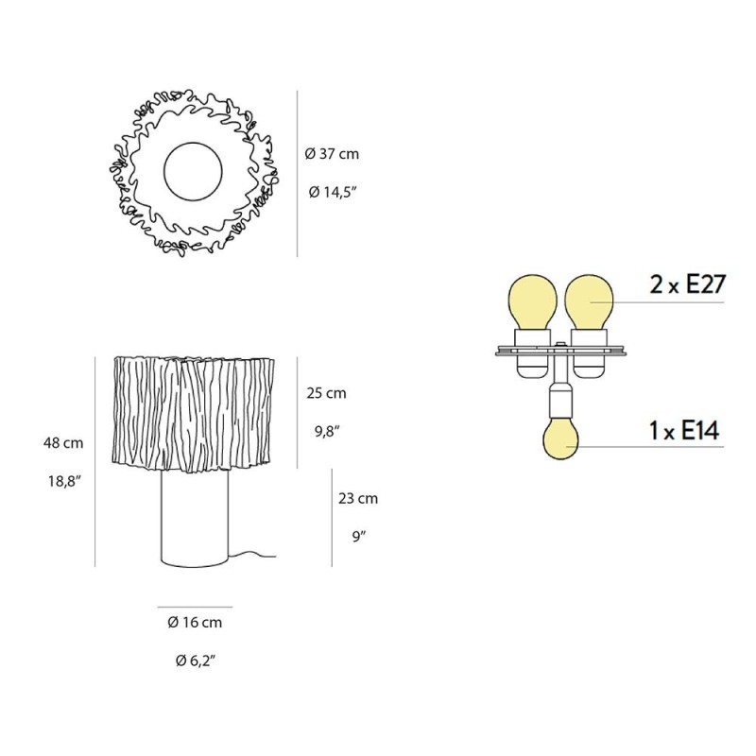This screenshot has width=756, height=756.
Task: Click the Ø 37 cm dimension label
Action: [x=332, y=154]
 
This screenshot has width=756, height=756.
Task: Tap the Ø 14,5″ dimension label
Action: [x=332, y=193]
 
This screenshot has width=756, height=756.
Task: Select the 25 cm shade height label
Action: [x=326, y=393]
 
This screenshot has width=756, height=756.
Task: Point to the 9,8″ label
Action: [x=327, y=431]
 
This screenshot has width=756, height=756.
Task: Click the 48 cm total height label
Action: [x=63, y=442]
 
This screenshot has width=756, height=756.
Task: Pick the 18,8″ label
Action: [x=63, y=481]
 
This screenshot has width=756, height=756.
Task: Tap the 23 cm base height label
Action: [x=358, y=498]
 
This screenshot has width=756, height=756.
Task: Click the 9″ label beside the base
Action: [x=359, y=536]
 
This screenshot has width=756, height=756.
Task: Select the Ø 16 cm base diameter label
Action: [x=195, y=622]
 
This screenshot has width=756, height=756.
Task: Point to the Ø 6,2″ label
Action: [x=195, y=661]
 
